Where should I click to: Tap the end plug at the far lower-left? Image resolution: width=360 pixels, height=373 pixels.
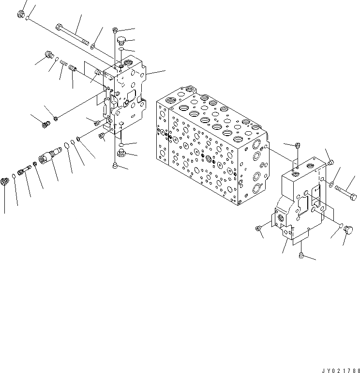6,183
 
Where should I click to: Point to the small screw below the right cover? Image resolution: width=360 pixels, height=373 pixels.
301,255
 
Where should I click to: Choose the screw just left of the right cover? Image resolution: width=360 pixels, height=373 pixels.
258,228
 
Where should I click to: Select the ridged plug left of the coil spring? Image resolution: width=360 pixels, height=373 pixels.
48,54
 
